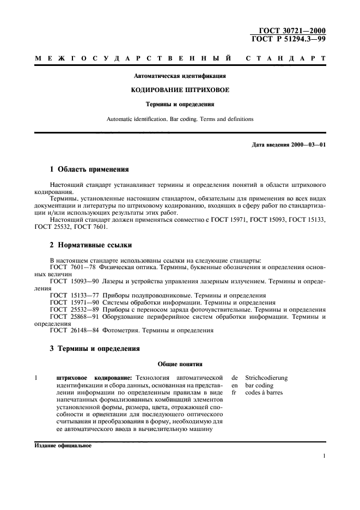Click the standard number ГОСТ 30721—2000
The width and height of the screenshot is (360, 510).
pos(292,31)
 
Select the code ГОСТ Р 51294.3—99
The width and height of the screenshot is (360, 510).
pos(289,39)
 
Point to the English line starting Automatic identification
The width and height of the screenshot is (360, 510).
pos(180,118)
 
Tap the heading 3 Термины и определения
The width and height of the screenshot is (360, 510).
pos(95,348)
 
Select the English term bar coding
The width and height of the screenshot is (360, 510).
pos(261,385)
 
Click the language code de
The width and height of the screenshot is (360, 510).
pos(235,378)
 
